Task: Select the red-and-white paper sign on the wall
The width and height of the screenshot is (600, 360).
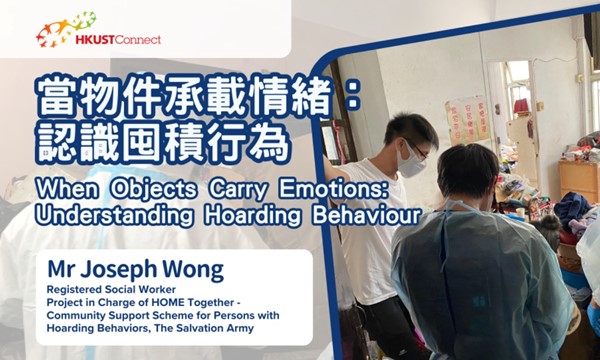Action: pyautogui.click(x=467, y=117)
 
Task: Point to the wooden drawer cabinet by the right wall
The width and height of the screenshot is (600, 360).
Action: pyautogui.click(x=577, y=180)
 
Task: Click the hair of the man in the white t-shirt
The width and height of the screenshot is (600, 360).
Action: pyautogui.click(x=410, y=129)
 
